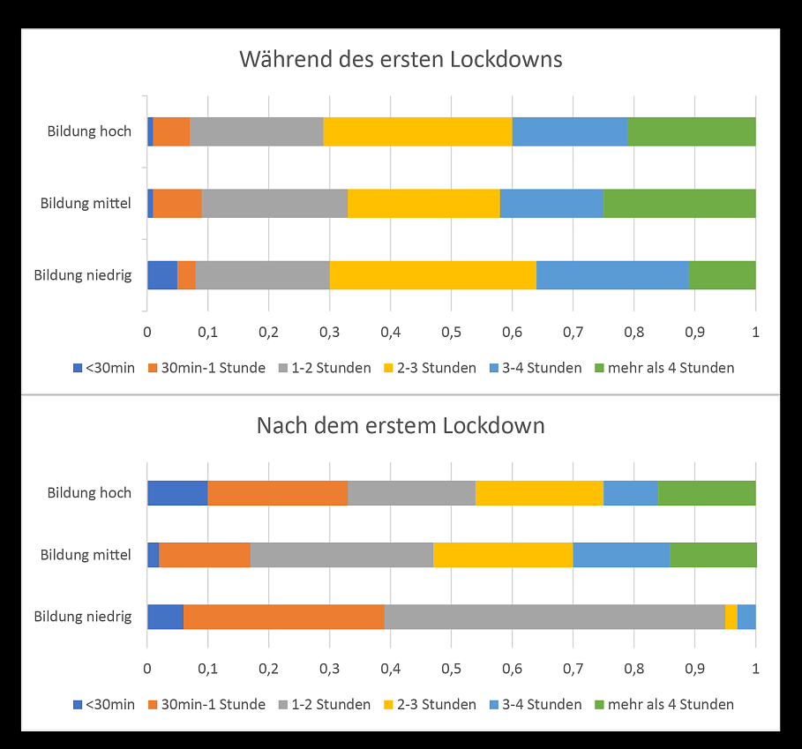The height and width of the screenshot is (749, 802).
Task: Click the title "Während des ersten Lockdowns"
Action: (x=401, y=60)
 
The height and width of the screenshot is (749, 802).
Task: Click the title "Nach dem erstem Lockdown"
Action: (x=401, y=425)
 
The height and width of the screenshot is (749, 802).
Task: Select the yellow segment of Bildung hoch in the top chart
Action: (x=417, y=131)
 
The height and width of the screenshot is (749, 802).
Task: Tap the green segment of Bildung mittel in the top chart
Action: (x=679, y=203)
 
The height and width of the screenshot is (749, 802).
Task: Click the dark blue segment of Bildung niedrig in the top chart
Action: (x=162, y=275)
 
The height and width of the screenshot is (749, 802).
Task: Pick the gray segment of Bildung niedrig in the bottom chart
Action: (x=554, y=617)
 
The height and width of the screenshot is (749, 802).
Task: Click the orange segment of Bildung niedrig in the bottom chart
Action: (x=283, y=617)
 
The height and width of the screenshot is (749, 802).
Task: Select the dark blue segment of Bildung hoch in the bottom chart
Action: (x=177, y=493)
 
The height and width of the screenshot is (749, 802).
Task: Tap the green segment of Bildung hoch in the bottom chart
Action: (x=707, y=493)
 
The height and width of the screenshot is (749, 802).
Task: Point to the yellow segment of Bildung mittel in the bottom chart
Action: (x=503, y=555)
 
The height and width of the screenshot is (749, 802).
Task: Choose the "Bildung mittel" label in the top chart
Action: (x=86, y=203)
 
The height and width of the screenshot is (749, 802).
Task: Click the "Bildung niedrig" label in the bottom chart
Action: (x=83, y=617)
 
